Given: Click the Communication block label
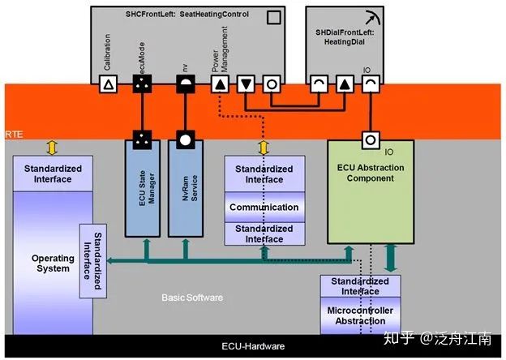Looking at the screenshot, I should [x=264, y=207].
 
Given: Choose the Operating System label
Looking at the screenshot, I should [x=53, y=263].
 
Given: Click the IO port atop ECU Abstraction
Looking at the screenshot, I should [x=370, y=139].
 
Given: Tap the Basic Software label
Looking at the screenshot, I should [x=191, y=298].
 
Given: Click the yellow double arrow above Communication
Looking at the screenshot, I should [x=263, y=148].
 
